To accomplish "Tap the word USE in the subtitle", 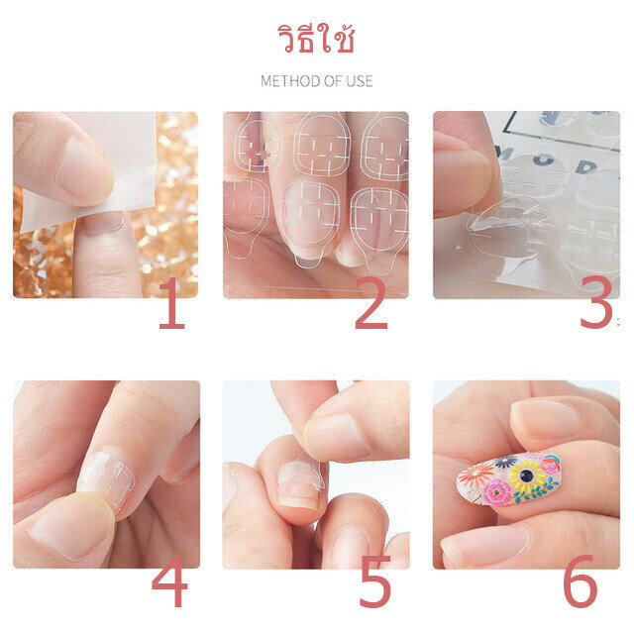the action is (359, 81).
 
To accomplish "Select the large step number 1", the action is (172, 303).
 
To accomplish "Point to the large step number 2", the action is (371, 303).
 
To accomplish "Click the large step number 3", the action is (596, 303).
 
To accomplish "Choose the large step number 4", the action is (169, 581).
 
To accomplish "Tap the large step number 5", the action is (375, 581).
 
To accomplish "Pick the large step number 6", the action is (581, 581).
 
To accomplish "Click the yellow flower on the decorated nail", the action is (527, 476).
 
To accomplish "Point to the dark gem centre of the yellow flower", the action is (526, 475).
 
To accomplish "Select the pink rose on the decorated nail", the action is (496, 492).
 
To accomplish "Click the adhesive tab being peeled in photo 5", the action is (302, 472).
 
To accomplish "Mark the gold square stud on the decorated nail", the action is (473, 495).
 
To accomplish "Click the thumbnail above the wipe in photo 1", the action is (84, 170).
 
